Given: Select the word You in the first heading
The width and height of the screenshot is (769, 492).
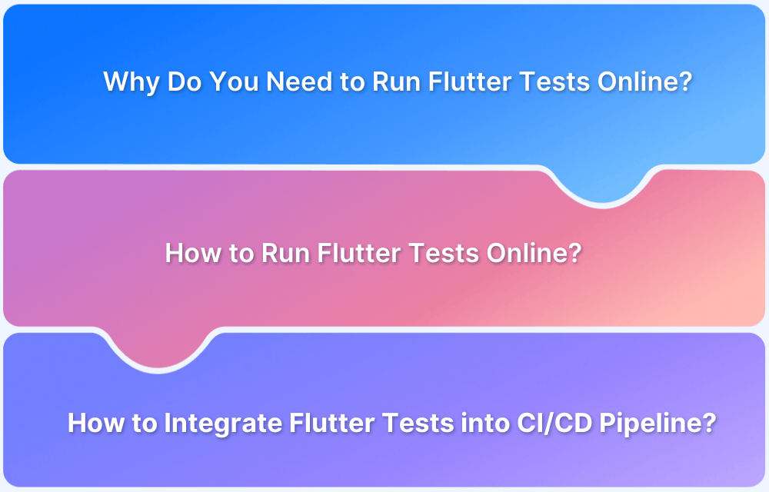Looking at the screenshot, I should (233, 82).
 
